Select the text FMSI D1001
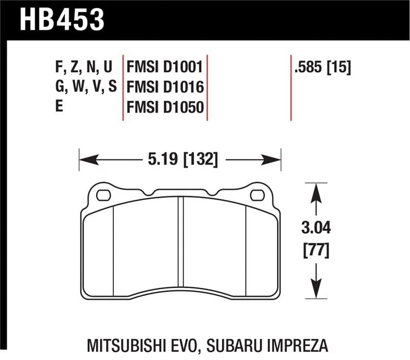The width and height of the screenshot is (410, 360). (165, 67)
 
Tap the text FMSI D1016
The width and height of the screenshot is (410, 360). (165, 87)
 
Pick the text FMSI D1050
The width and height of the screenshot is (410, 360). (165, 107)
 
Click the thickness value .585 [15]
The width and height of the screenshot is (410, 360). (322, 67)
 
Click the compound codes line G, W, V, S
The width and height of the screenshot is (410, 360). (85, 87)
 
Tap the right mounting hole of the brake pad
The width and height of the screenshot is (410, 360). (257, 195)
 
